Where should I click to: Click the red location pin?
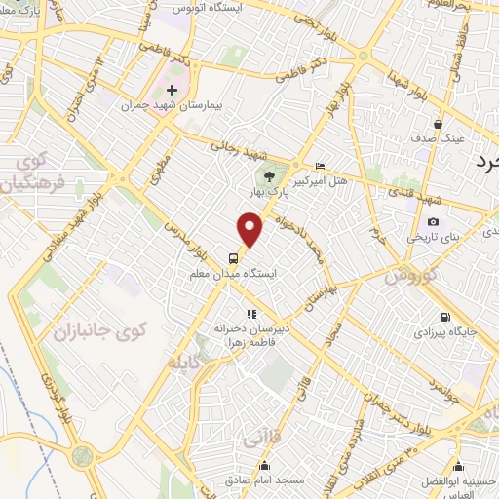point(250,229)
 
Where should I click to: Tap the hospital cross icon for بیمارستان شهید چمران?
point(172,90)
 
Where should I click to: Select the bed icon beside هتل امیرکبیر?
point(322,167)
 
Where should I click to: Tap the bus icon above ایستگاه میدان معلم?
point(233,258)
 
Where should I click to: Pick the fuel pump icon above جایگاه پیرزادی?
point(446,317)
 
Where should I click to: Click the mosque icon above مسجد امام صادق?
point(263,465)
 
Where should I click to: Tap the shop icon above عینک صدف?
point(438,125)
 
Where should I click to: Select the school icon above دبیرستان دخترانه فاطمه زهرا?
point(251,314)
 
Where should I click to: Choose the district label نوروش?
point(405,277)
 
